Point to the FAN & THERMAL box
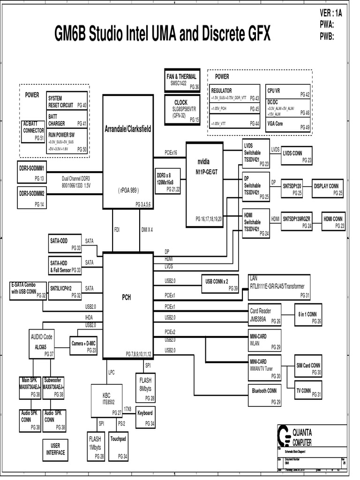[x=182, y=80]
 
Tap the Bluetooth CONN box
[x=265, y=393]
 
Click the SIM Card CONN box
[x=309, y=368]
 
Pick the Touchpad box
[x=119, y=444]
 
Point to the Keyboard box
[x=145, y=417]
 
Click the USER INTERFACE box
[x=55, y=449]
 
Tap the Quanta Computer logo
[x=284, y=436]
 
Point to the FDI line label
[x=117, y=230]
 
